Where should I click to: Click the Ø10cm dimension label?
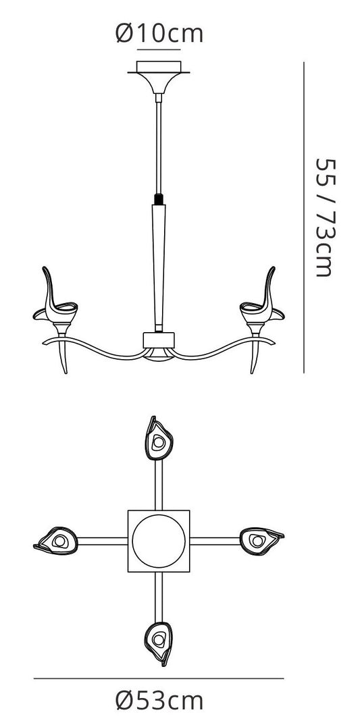click(159, 33)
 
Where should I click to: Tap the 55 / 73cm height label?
click(324, 217)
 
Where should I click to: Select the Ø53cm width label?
click(159, 701)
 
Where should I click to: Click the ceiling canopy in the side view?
click(159, 76)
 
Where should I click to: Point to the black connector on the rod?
click(159, 199)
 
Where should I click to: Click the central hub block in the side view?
click(159, 340)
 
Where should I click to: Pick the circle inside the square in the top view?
click(159, 541)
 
